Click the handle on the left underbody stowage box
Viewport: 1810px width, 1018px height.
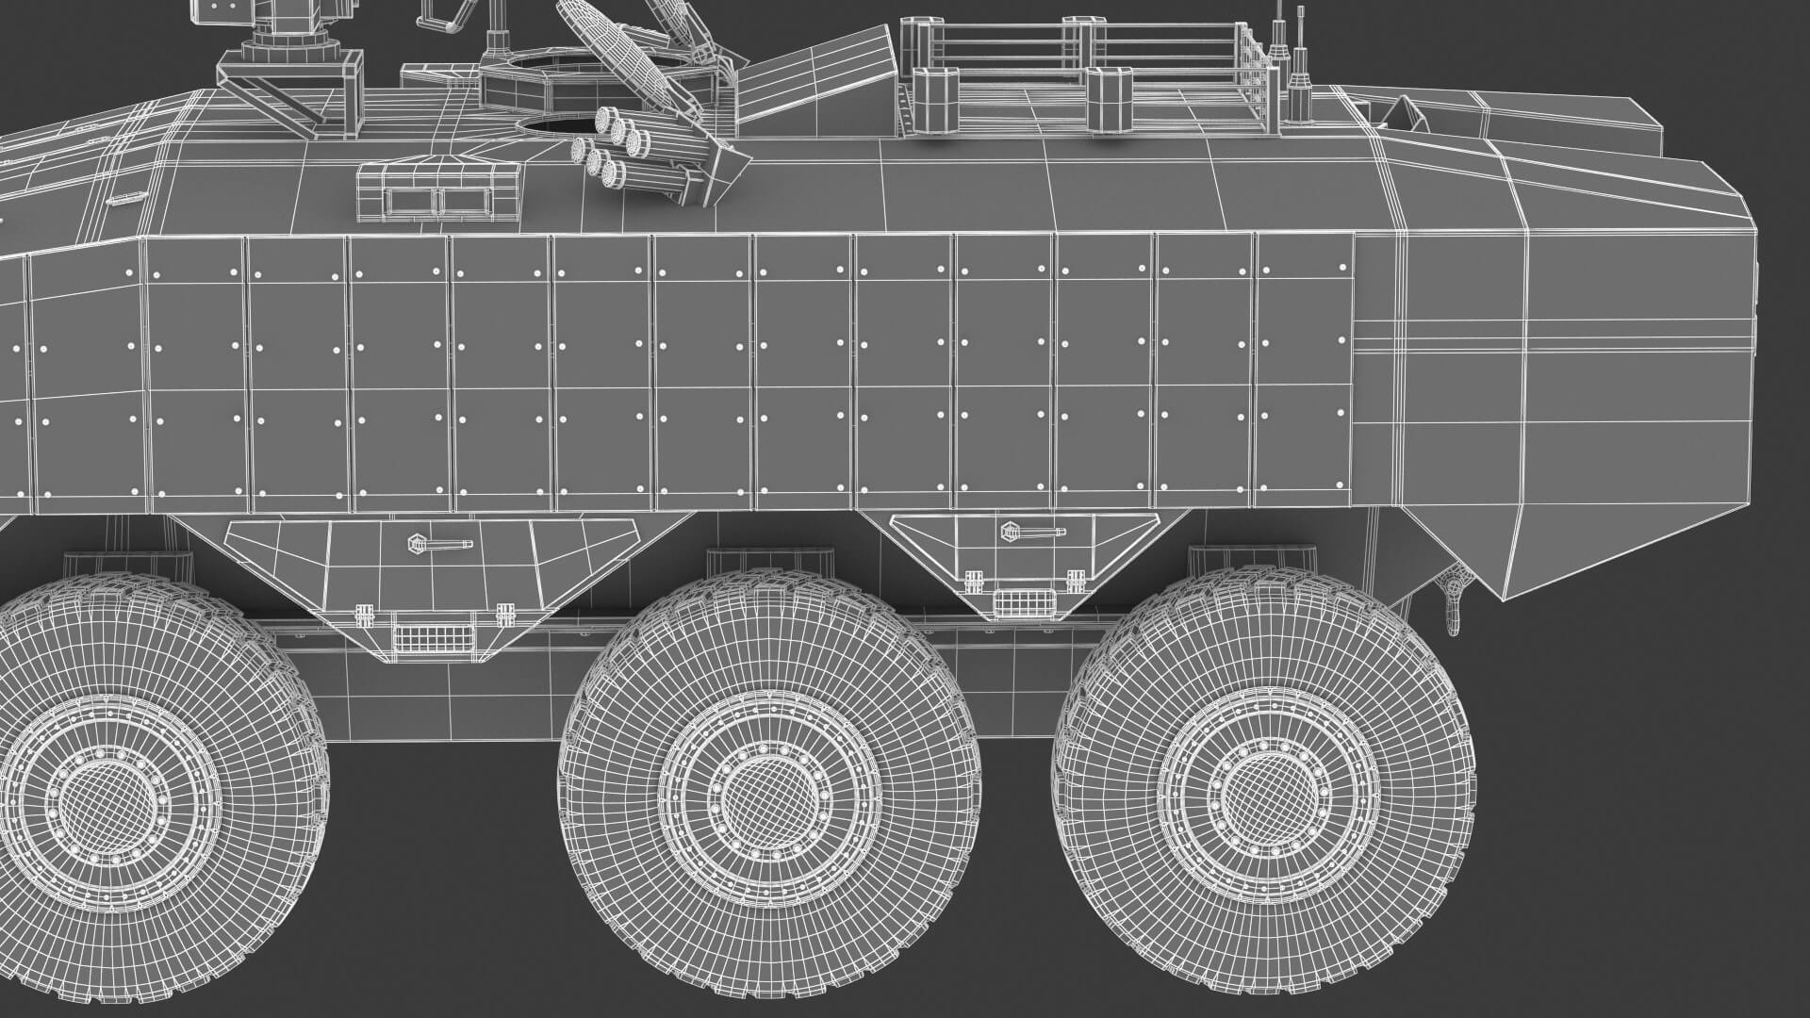[440, 544]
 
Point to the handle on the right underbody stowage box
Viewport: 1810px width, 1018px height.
[1032, 532]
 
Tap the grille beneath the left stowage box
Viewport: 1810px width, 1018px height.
[430, 637]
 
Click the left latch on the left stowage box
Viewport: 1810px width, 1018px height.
[361, 614]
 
